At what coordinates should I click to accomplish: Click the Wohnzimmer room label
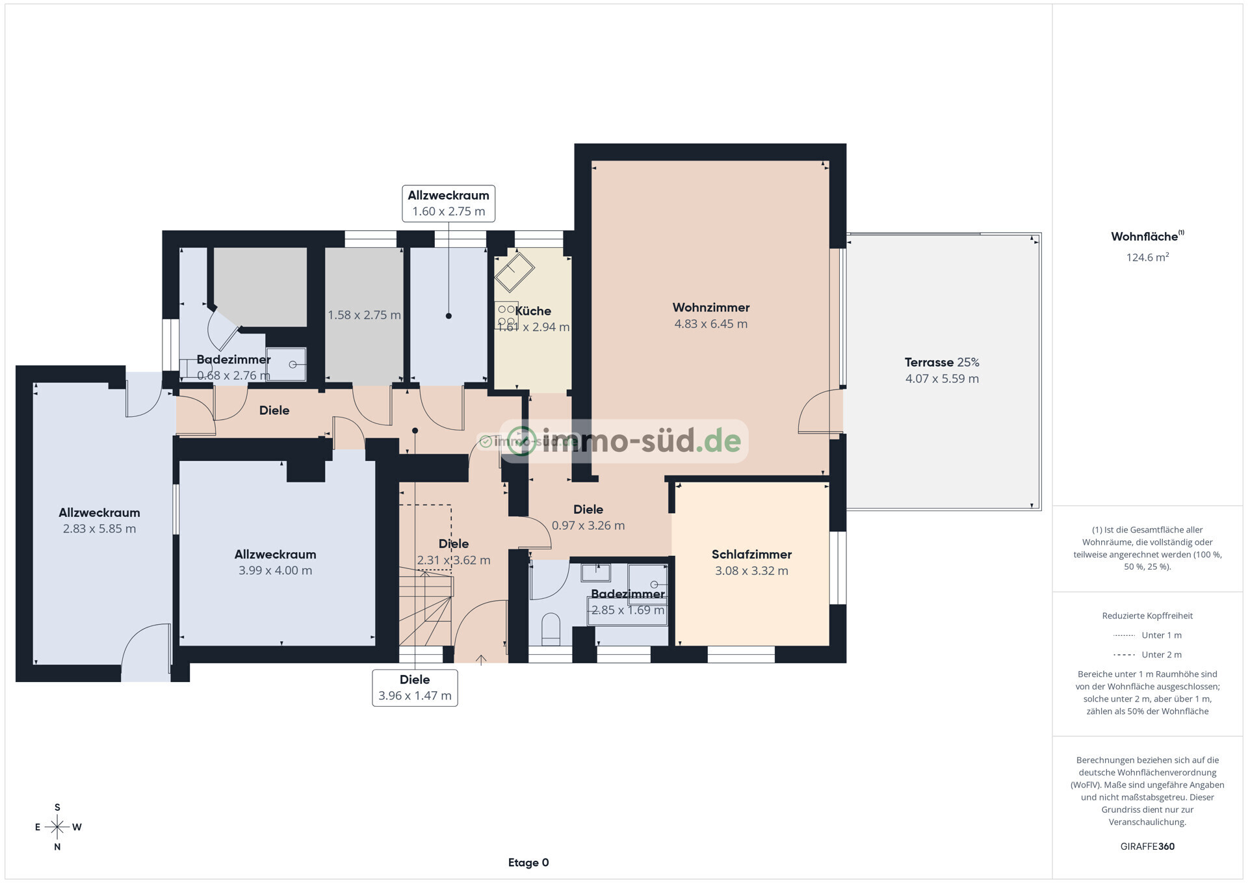pos(710,308)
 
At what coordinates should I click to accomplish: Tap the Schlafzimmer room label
pos(751,555)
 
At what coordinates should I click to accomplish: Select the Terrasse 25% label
pos(941,362)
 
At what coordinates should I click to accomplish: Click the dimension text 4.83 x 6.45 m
pos(710,324)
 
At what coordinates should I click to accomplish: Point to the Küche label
pos(533,311)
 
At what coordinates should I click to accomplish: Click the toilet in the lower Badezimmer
pos(551,629)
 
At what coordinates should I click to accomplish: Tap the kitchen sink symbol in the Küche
pos(514,272)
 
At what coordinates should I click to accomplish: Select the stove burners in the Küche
pos(506,315)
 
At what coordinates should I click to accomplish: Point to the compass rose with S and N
pos(57,827)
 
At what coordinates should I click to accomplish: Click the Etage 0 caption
pos(528,863)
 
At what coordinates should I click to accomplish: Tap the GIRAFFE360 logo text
pos(1147,847)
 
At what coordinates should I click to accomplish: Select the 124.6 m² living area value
pos(1147,257)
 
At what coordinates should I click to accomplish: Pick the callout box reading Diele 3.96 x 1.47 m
pos(415,687)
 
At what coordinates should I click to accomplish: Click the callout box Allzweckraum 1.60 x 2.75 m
pos(448,204)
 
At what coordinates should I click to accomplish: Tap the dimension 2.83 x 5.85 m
pos(99,529)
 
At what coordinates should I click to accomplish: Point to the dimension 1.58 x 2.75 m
pos(364,315)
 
